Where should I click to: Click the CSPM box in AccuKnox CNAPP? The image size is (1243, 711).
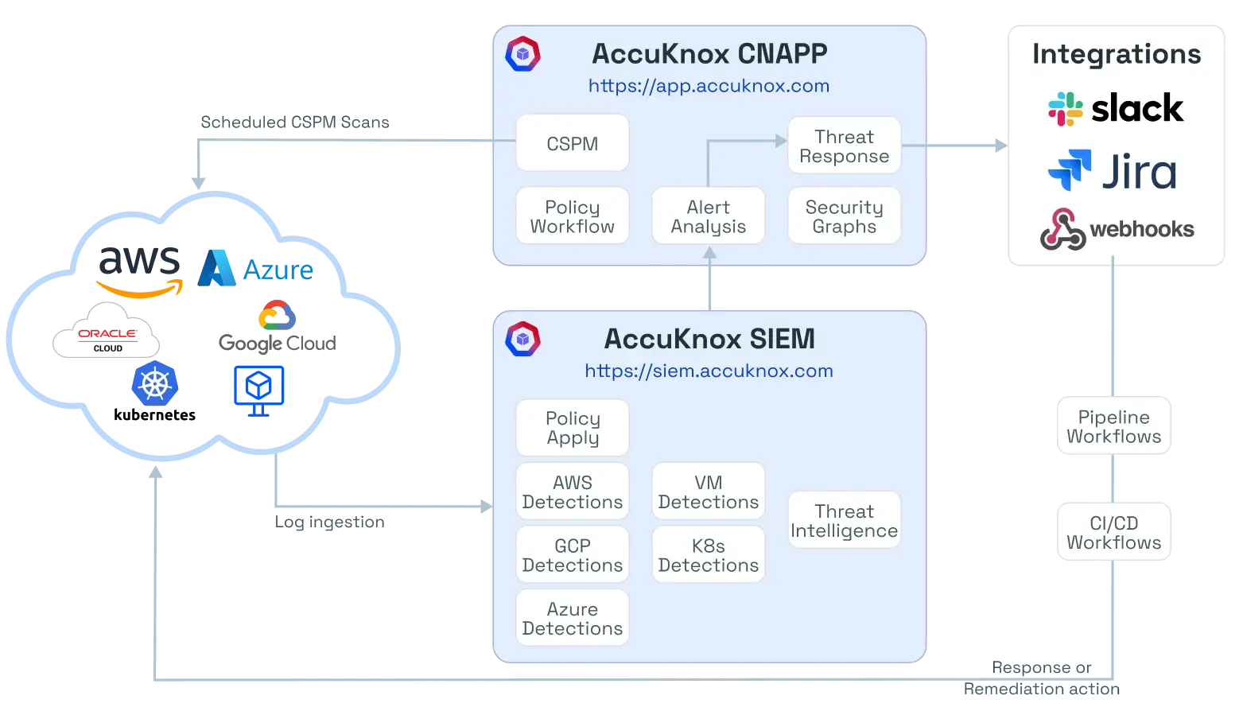coord(572,143)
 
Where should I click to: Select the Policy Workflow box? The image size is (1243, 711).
coord(572,216)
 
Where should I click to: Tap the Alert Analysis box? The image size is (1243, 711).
coord(708,216)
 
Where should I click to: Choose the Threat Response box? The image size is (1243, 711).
coord(844,146)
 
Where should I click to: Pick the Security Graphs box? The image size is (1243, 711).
coord(844,216)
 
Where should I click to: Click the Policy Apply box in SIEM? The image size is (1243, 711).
coord(573,428)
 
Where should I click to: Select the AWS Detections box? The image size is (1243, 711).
coord(573,491)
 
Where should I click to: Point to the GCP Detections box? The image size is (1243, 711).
coord(573,555)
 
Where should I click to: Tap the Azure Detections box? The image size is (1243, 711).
coord(573,618)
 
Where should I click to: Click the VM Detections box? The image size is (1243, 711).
coord(708,491)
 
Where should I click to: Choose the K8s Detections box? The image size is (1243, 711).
coord(708,555)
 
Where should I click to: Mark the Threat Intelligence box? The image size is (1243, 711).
coord(844,520)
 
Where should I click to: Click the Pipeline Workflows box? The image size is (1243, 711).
coord(1113,426)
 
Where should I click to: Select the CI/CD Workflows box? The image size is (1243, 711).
coord(1113,532)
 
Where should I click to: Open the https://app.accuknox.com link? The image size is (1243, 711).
coord(709,86)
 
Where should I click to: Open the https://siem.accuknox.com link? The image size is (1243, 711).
coord(709,371)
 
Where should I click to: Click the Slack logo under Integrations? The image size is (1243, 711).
coord(1116,108)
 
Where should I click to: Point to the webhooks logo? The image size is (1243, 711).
coord(1117,229)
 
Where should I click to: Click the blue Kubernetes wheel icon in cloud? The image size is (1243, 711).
coord(155,385)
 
